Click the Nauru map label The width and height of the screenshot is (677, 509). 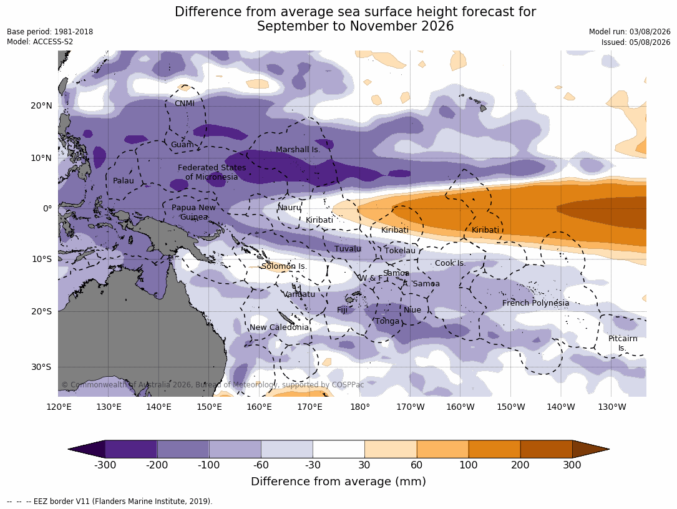pos(290,208)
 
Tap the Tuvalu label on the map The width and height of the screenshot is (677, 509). pos(348,249)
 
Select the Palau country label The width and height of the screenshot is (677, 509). pos(124,180)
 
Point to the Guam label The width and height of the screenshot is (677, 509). pos(182,145)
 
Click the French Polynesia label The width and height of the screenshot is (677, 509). pos(535,303)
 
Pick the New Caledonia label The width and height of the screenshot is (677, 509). pos(279,327)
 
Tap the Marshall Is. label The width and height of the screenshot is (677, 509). pos(298,149)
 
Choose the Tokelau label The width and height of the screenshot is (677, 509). pos(400,250)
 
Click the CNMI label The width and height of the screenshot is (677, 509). pos(184,104)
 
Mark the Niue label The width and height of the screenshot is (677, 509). pos(412,310)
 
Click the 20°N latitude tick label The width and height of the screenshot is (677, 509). pos(41,106)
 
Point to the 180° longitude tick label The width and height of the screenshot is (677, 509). pos(360,407)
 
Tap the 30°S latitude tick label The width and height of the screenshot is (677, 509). pos(41,367)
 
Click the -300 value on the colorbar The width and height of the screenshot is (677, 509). pos(105,465)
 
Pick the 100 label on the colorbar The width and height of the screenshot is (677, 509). pos(469,465)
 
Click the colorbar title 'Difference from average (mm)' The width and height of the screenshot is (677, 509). pos(338,482)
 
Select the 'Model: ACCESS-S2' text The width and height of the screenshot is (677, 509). pos(40,42)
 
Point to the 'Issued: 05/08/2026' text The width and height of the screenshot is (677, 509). pos(636,42)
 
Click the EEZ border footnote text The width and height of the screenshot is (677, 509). pos(110,502)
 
